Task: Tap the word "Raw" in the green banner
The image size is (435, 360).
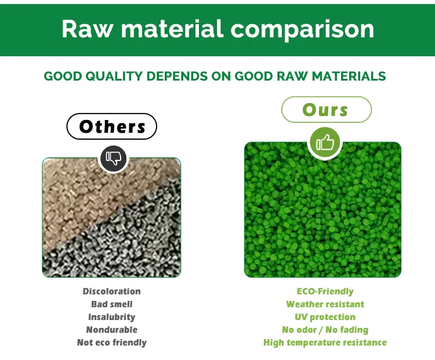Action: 88,28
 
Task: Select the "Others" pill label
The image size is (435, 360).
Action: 112,126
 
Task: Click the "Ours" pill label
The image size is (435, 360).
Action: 326,110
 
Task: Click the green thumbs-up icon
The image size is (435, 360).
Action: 325,143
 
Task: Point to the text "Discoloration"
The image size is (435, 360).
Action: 112,291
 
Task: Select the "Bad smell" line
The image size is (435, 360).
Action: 112,304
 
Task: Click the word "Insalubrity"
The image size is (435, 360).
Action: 112,317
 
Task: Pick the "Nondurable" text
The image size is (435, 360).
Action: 112,329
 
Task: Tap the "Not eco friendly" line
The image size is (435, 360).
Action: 112,343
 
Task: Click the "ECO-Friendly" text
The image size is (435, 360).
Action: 325,291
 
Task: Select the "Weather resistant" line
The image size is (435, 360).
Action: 325,304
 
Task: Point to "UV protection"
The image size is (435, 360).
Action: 325,317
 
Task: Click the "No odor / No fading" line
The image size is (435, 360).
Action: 325,330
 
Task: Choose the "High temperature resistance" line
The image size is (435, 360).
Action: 325,343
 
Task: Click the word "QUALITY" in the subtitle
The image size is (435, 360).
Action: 114,77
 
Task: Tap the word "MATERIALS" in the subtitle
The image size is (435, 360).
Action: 349,77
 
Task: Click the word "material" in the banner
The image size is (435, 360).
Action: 172,28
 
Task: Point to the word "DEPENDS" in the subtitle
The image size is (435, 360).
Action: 177,77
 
